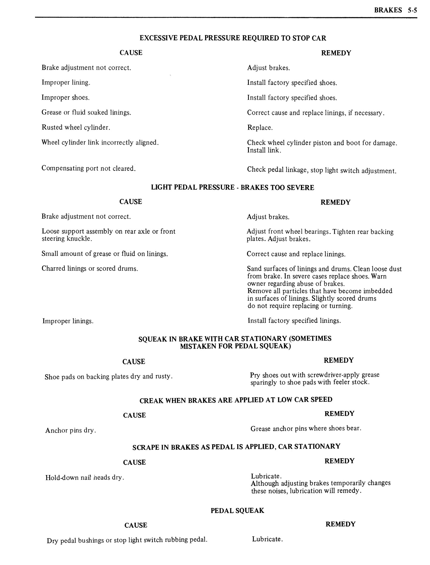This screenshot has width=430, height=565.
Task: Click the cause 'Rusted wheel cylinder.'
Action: [x=76, y=127]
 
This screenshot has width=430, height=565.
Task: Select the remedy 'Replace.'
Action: [x=260, y=128]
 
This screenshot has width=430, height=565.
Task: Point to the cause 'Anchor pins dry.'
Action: [x=71, y=430]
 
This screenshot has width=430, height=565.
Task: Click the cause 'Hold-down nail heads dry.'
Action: [x=85, y=478]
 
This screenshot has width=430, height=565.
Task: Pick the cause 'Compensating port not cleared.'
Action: [x=88, y=168]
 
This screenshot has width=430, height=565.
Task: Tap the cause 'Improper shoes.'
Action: [x=66, y=97]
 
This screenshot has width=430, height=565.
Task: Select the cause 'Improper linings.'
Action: [x=68, y=321]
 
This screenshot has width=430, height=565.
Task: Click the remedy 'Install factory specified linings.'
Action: [x=294, y=321]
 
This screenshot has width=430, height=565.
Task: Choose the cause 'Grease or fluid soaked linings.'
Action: [x=86, y=112]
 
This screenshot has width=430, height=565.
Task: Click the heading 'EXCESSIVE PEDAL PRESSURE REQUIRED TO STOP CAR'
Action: [x=233, y=38]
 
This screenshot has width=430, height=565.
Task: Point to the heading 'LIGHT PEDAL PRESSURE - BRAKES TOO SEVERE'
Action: [x=232, y=187]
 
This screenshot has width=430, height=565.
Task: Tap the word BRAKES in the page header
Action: [x=388, y=10]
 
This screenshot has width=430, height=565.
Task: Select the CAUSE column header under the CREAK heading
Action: [x=134, y=415]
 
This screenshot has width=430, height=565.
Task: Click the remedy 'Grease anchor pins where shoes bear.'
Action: [x=306, y=428]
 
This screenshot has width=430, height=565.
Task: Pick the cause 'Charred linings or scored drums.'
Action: [x=90, y=269]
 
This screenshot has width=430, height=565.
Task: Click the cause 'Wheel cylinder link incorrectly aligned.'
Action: [x=100, y=142]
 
